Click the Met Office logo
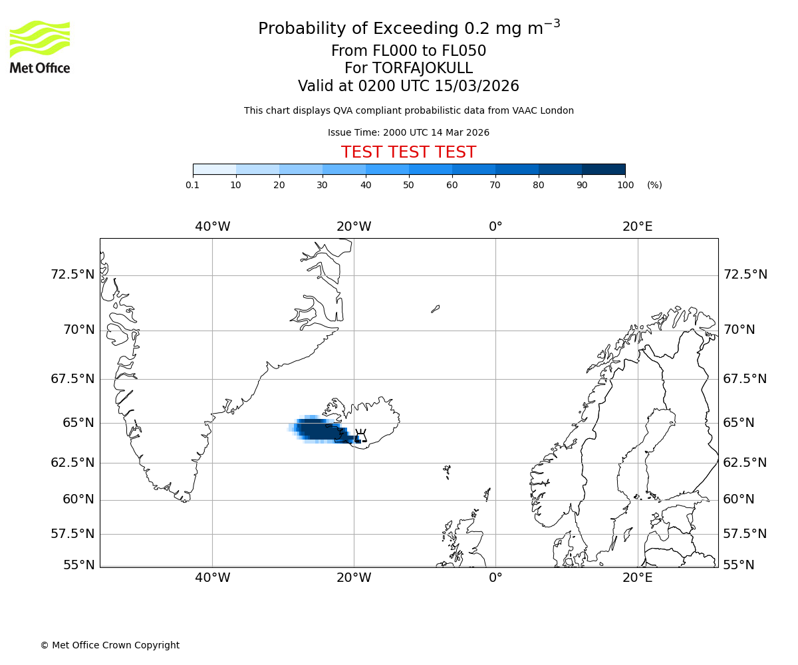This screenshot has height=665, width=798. [x=40, y=47]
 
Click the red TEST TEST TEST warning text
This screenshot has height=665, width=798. [x=408, y=152]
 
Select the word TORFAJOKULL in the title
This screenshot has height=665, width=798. [x=422, y=68]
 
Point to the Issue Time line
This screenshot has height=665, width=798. [x=408, y=132]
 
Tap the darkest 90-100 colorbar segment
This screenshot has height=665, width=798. [x=603, y=169]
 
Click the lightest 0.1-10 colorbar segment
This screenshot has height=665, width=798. [x=214, y=169]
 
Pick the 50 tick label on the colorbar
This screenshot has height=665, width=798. [x=409, y=185]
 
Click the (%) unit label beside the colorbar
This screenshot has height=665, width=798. [x=654, y=185]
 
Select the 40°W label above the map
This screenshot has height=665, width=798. [x=212, y=227]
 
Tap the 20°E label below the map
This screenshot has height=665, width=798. [x=637, y=577]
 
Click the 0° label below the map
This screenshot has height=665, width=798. [x=495, y=577]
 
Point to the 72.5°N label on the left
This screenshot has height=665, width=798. [x=73, y=275]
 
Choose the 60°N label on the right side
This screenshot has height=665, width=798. [x=739, y=499]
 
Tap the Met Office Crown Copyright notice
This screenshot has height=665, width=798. [x=110, y=645]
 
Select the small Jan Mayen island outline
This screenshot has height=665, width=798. [x=435, y=309]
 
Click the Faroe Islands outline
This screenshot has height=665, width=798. [x=447, y=471]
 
